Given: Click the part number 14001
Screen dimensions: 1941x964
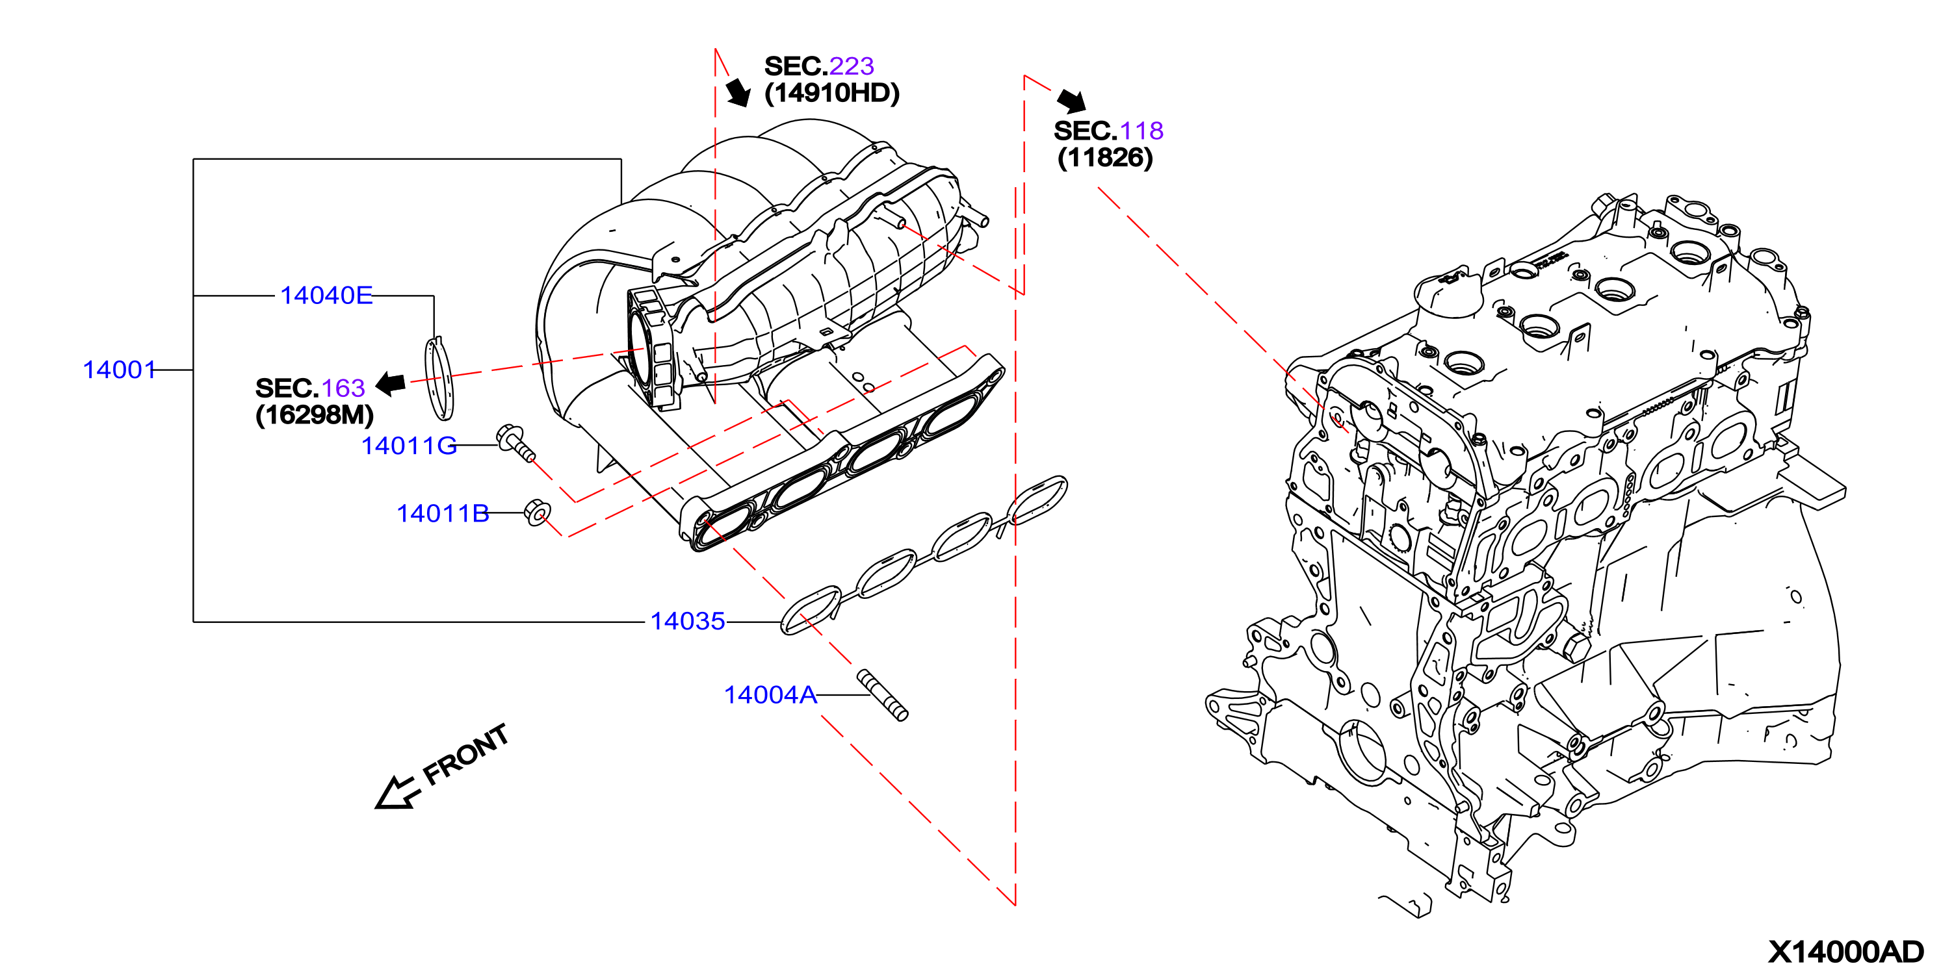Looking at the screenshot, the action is [x=119, y=370].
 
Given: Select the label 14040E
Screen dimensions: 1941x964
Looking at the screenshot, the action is [x=326, y=295].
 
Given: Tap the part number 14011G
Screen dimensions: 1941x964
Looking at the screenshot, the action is [x=409, y=446].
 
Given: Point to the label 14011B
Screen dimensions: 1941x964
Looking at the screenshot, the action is [x=443, y=514].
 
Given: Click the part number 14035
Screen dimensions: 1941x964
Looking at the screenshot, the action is [x=687, y=621].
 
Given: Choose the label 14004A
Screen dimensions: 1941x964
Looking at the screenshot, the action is [x=770, y=694].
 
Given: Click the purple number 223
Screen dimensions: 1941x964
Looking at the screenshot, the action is [x=852, y=66].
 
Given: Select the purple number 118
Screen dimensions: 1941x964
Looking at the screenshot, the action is [x=1141, y=131].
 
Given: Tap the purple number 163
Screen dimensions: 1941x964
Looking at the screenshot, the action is [x=343, y=388].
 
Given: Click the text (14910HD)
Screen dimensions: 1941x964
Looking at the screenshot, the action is [x=832, y=94].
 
